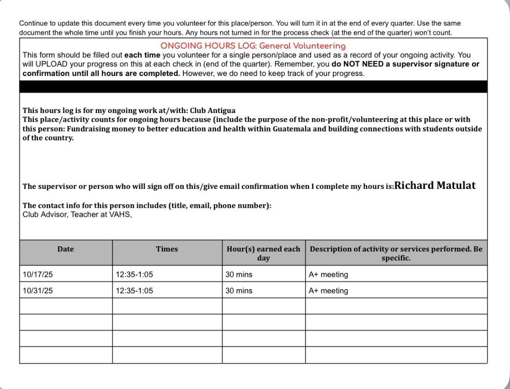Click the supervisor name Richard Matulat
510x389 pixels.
(434, 186)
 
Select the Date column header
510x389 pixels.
(66, 249)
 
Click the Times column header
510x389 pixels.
(167, 249)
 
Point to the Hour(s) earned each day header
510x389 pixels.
(263, 253)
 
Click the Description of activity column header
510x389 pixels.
(396, 253)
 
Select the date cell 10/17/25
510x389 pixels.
(38, 275)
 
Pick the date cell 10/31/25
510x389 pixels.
(38, 291)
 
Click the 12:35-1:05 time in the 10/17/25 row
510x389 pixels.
(134, 275)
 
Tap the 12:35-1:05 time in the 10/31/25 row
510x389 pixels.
(134, 291)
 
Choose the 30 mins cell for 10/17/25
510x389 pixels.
(239, 275)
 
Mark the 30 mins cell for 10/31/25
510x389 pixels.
(239, 291)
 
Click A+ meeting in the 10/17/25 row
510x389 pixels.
(328, 275)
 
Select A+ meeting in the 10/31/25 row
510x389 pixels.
(328, 291)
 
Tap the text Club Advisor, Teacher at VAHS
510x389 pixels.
(77, 214)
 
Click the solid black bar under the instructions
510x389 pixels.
(253, 87)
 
